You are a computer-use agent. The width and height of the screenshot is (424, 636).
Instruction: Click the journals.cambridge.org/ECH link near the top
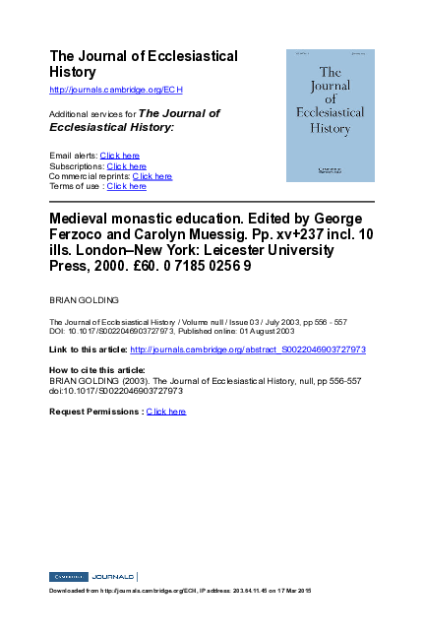tap(115, 90)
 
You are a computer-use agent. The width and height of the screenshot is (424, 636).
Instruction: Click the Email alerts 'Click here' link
tap(120, 156)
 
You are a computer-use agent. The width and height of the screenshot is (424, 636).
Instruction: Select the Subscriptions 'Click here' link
tap(126, 166)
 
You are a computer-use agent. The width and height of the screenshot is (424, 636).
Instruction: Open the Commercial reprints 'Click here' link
tap(151, 176)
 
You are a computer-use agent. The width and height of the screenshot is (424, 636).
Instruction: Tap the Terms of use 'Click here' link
tap(126, 186)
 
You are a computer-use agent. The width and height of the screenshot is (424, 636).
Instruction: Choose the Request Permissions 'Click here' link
tap(165, 412)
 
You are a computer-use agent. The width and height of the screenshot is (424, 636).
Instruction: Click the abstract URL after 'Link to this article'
tap(248, 350)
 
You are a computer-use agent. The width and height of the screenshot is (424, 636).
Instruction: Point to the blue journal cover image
tap(331, 115)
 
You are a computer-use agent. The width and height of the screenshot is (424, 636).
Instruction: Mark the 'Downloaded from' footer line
tap(179, 590)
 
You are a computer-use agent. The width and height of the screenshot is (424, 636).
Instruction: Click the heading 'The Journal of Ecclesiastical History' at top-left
tap(143, 64)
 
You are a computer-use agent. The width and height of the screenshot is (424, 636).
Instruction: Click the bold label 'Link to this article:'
tap(88, 350)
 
